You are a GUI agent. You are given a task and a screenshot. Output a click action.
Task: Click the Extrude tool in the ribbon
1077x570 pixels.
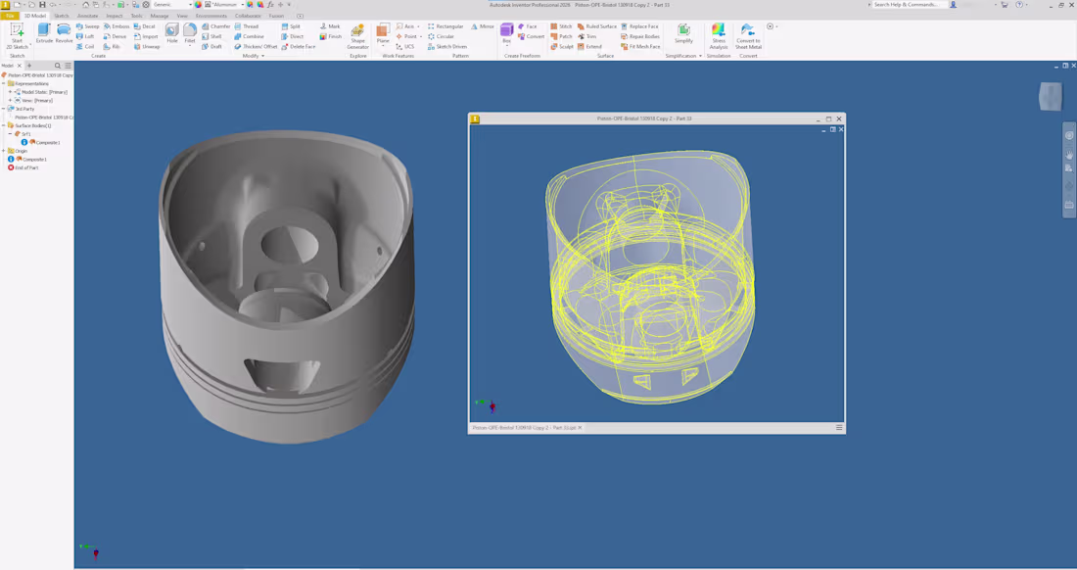point(44,33)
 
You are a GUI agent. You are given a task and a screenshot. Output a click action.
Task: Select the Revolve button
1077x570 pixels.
point(64,33)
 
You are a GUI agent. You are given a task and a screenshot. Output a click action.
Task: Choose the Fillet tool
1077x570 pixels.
point(190,33)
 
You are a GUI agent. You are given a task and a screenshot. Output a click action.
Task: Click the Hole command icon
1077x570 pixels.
point(172,33)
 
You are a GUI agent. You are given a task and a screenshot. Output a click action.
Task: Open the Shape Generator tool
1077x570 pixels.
point(357,36)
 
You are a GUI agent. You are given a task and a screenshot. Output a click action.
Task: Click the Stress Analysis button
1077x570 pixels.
point(719,36)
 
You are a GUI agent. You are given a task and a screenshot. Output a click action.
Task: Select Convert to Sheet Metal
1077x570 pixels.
point(748,36)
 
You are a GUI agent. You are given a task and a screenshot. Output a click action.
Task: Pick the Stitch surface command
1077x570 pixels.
point(561,26)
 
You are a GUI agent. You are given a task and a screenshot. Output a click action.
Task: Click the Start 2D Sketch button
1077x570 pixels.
point(17,35)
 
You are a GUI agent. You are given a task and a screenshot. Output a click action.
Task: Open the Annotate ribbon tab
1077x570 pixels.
point(87,16)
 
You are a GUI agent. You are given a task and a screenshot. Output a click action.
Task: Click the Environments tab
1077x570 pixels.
point(211,16)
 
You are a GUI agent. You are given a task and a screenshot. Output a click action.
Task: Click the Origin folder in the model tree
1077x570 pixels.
point(21,151)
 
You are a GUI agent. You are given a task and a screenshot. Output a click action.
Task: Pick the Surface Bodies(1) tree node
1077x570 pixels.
point(32,125)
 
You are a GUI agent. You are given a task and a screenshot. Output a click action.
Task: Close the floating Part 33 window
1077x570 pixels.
point(839,119)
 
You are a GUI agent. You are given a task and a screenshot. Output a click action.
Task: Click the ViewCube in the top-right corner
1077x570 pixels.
point(1050,96)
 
